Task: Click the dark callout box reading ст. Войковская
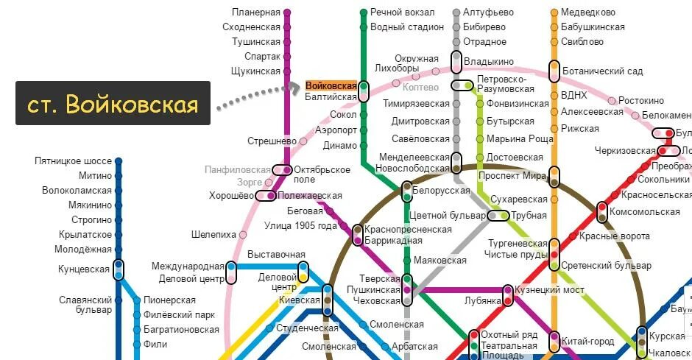tap(113, 103)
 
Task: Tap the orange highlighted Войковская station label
tap(331, 85)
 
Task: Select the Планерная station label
tap(256, 13)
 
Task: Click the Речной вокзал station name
tap(402, 13)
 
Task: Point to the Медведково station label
tap(588, 13)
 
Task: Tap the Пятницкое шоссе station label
tap(73, 160)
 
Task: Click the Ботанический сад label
tap(602, 71)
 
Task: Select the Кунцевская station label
tap(84, 269)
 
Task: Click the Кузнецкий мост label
tap(549, 290)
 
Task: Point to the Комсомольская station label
tap(650, 212)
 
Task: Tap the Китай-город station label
tap(587, 342)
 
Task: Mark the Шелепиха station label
tap(213, 235)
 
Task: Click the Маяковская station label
tap(440, 261)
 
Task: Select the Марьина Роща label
tap(520, 139)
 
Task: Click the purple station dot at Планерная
tap(287, 13)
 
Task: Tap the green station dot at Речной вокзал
tap(364, 13)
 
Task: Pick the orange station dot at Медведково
tap(554, 13)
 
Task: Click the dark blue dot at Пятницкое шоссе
tap(119, 160)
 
